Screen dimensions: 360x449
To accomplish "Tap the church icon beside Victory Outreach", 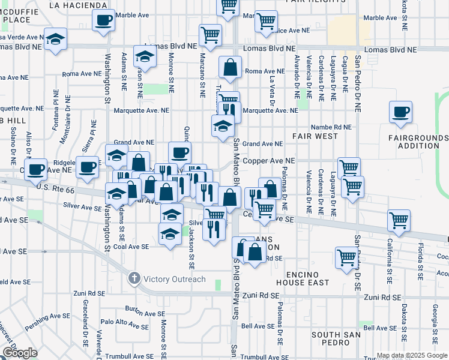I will [x=134, y=278].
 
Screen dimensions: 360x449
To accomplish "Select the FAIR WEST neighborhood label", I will [x=315, y=136].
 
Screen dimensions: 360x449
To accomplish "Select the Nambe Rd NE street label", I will [x=331, y=127].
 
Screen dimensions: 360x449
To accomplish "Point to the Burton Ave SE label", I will [x=145, y=309].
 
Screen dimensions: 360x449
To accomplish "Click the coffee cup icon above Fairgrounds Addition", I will [x=400, y=112].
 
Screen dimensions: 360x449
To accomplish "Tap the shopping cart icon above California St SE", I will [x=399, y=220].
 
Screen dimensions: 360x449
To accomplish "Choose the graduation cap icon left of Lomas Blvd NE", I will [x=55, y=40].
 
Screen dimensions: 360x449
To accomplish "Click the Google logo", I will [x=20, y=353].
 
